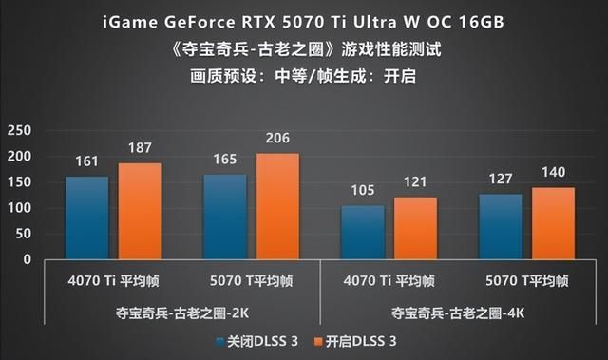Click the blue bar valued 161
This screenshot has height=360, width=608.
point(86,218)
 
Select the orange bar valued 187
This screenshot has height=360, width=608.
point(139,211)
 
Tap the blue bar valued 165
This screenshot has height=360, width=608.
point(225,217)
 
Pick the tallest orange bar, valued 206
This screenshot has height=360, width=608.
point(277,206)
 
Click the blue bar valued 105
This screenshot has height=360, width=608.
point(362,232)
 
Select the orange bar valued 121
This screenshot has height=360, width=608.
point(415,228)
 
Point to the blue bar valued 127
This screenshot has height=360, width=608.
point(501,226)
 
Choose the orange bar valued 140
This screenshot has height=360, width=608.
point(553,223)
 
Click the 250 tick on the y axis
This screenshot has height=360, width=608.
point(19,130)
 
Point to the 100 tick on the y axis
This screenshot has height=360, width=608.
point(19,208)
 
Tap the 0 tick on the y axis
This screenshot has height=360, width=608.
point(27,259)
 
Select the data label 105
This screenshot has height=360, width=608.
point(362,192)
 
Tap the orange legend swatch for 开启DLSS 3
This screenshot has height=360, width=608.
point(318,339)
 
